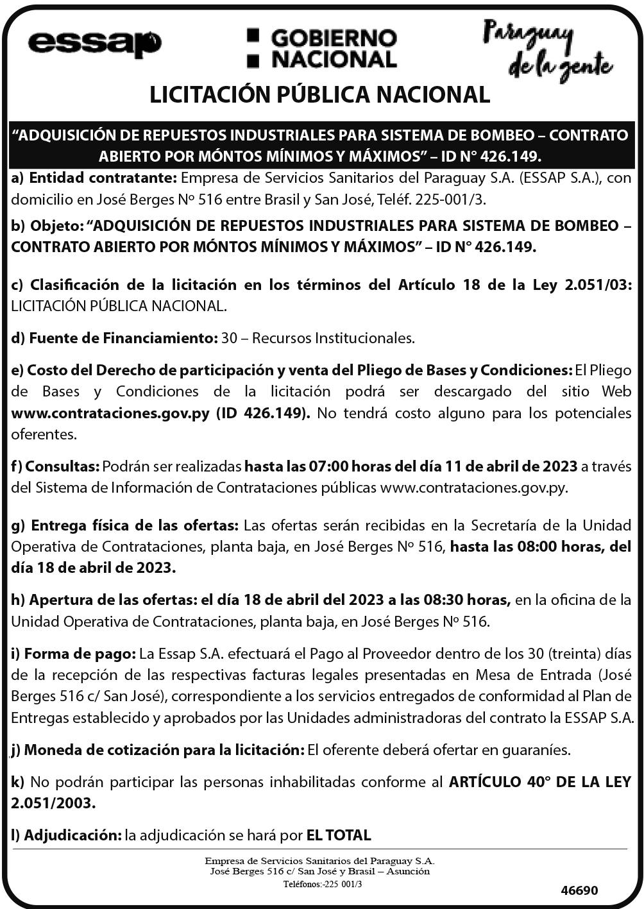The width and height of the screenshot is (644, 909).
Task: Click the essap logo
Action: pyautogui.click(x=94, y=45)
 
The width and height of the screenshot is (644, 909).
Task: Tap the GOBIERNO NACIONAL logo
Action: pyautogui.click(x=322, y=48)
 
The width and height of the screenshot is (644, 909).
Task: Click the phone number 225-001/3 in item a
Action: pyautogui.click(x=450, y=199)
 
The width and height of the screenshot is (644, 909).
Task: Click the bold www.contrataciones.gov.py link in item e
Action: pyautogui.click(x=110, y=412)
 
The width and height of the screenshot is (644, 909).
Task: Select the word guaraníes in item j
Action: pyautogui.click(x=537, y=749)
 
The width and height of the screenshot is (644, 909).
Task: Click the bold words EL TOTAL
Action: pyautogui.click(x=339, y=835)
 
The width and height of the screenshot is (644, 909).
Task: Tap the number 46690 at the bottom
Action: pyautogui.click(x=579, y=890)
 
